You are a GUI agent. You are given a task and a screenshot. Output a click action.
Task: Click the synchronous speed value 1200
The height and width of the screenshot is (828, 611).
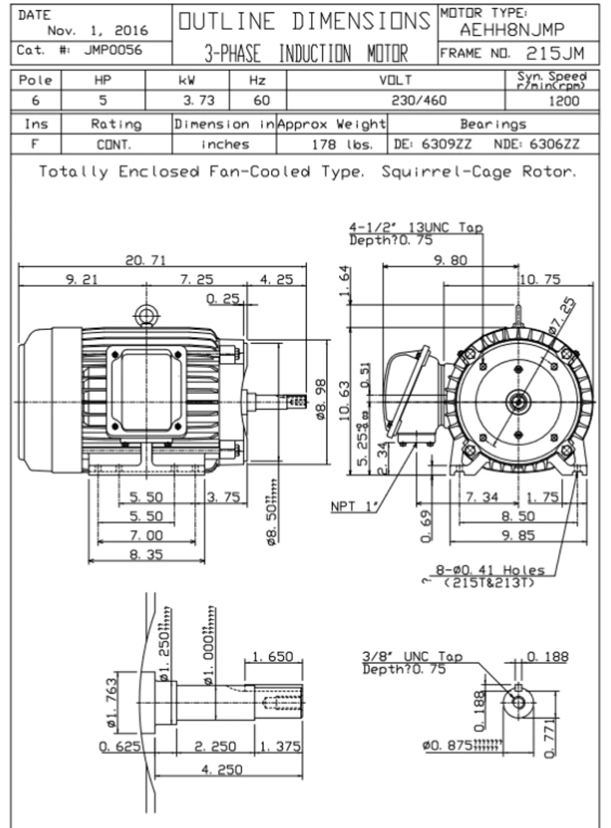point(564,101)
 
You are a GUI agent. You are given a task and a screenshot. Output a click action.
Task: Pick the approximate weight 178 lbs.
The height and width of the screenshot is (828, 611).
point(343,144)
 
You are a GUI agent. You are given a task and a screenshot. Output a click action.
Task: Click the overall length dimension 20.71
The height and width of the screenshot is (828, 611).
point(145,260)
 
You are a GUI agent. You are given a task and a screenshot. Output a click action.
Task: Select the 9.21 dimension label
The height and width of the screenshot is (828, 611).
point(80,279)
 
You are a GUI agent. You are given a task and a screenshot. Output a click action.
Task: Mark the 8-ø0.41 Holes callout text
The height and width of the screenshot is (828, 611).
point(490,570)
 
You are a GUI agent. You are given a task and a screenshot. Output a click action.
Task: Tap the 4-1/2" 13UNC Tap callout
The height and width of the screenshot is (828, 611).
point(416,228)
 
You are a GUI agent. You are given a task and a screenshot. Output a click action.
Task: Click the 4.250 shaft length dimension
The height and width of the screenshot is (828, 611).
point(222,769)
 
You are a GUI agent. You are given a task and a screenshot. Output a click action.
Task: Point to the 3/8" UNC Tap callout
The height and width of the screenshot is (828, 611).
point(413,657)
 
